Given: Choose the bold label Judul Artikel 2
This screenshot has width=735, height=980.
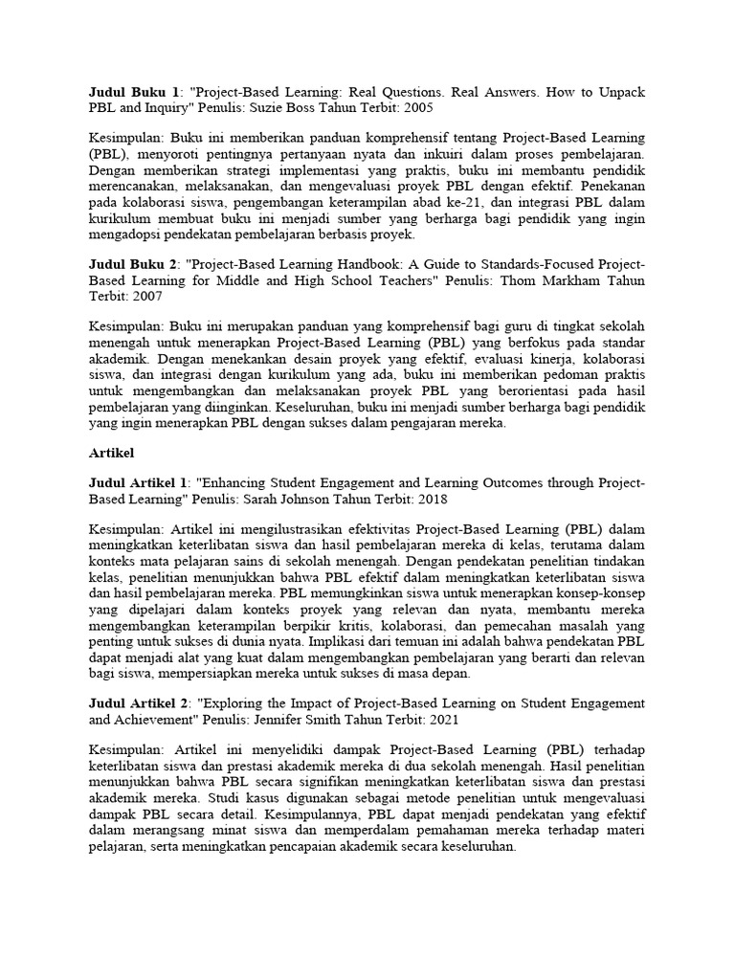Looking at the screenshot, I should pyautogui.click(x=140, y=703).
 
